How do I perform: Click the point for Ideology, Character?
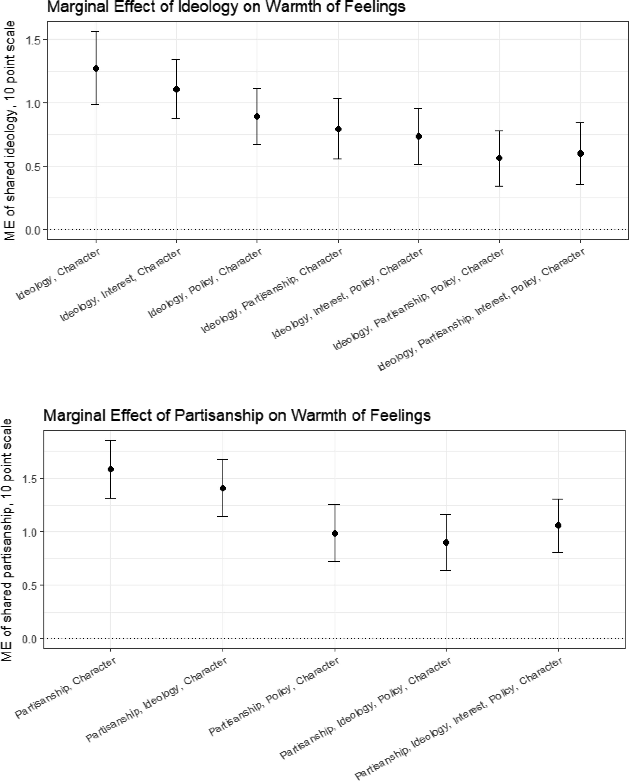click(96, 68)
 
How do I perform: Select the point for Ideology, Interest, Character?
click(176, 89)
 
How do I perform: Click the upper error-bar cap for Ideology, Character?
click(96, 32)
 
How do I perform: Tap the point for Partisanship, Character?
click(111, 469)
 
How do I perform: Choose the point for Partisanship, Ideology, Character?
click(223, 488)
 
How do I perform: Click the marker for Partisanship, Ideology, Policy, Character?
click(446, 543)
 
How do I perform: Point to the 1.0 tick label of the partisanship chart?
click(30, 532)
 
